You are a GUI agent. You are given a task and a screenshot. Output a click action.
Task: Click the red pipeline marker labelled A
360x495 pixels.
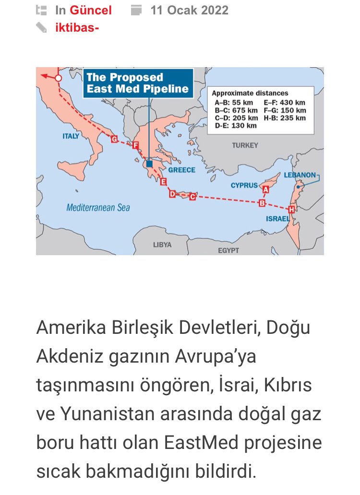point(266,189)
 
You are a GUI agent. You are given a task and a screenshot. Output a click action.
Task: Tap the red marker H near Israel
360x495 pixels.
point(291,210)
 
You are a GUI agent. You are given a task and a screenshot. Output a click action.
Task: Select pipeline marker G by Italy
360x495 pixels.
point(114,139)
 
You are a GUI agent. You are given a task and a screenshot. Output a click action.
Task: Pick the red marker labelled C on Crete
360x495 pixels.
point(192,196)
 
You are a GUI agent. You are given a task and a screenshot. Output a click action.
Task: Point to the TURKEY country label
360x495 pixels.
point(245,145)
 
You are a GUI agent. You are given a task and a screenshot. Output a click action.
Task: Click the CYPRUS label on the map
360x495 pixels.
point(244,185)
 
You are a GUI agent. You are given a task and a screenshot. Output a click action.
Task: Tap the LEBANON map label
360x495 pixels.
point(300,175)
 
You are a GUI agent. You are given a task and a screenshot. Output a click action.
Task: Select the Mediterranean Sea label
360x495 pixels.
point(98,208)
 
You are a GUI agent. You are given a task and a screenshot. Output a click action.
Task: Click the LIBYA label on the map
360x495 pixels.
point(162,245)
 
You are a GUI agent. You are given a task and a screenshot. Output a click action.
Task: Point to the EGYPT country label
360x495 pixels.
point(228,250)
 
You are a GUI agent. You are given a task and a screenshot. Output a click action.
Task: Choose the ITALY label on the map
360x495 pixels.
point(71,136)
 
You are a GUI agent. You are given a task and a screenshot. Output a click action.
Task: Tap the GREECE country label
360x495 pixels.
point(181,170)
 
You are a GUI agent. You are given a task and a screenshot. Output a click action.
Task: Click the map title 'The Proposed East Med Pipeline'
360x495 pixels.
point(137,83)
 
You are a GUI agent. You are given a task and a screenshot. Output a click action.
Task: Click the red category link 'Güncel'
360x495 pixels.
point(91,10)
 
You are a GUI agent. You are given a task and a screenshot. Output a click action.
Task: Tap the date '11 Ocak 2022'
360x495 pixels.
point(189,10)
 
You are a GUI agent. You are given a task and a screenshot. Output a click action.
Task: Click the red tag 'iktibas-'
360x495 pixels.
point(77,27)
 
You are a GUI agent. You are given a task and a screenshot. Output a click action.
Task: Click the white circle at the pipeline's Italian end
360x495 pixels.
point(58,77)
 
